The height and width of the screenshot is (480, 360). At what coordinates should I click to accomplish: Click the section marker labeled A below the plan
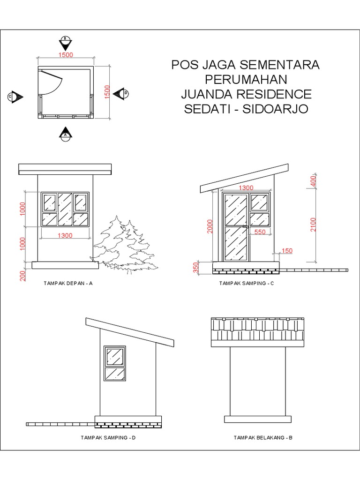tap(66, 134)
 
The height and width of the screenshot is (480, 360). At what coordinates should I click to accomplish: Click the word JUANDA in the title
tap(203, 94)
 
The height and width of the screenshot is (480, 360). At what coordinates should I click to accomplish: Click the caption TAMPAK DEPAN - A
tap(68, 283)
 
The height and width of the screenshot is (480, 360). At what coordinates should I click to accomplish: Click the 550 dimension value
tap(260, 232)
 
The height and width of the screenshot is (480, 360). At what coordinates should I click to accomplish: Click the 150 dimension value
tap(287, 251)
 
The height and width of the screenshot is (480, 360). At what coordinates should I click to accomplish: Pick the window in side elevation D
tap(115, 364)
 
